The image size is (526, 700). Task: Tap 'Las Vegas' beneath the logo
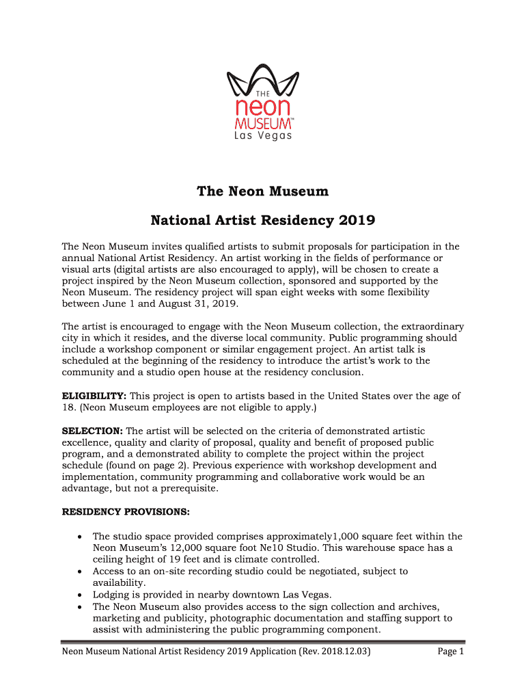pyautogui.click(x=263, y=136)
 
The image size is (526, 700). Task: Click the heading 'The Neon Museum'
pyautogui.click(x=263, y=192)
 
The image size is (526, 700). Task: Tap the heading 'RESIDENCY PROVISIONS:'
pyautogui.click(x=126, y=512)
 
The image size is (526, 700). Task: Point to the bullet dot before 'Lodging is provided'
pyautogui.click(x=80, y=595)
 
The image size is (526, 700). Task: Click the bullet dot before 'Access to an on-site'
pyautogui.click(x=80, y=571)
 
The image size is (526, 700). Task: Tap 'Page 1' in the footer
pyautogui.click(x=451, y=652)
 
